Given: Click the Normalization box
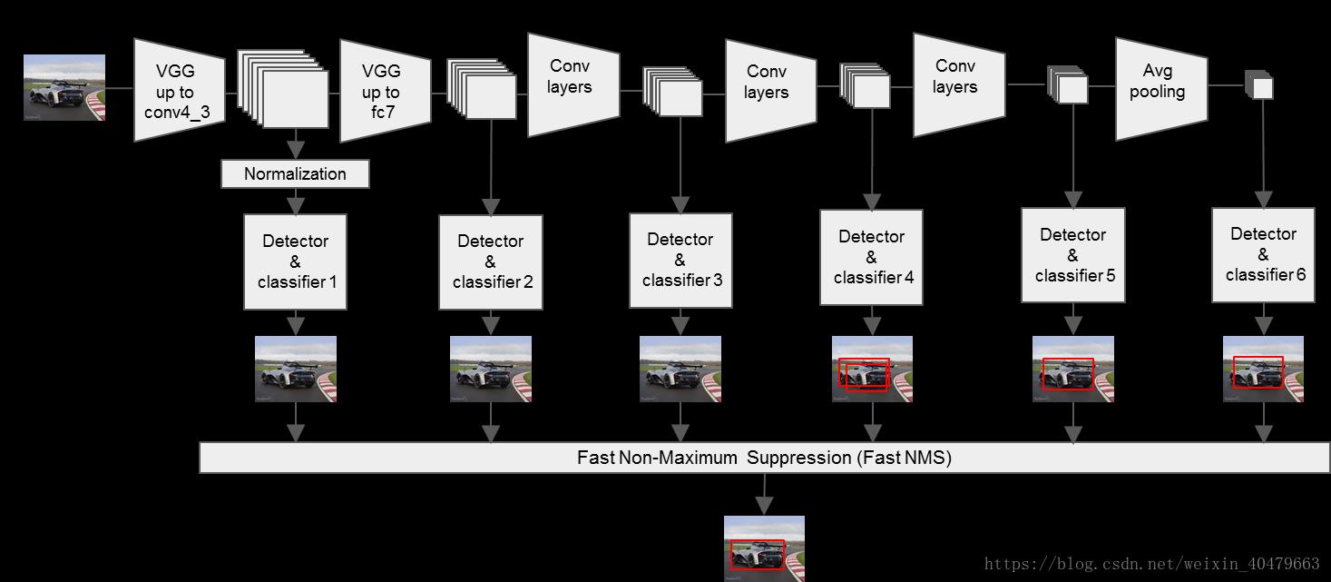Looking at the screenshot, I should pyautogui.click(x=295, y=173).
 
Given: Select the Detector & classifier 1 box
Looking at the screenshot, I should pyautogui.click(x=295, y=261).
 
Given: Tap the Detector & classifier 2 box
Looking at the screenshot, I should pyautogui.click(x=491, y=262).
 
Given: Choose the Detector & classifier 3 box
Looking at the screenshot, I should pyautogui.click(x=680, y=261).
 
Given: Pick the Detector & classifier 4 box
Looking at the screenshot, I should pyautogui.click(x=871, y=258).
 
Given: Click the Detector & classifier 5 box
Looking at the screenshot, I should pyautogui.click(x=1073, y=255).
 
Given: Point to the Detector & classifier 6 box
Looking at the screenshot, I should pyautogui.click(x=1264, y=254).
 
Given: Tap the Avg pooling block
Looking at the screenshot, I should pyautogui.click(x=1160, y=89).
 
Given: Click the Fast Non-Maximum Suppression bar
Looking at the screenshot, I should pyautogui.click(x=764, y=458).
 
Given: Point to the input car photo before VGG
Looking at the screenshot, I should pyautogui.click(x=64, y=87).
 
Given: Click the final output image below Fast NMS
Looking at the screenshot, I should pyautogui.click(x=764, y=547).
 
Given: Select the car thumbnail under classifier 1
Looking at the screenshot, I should pyautogui.click(x=296, y=369).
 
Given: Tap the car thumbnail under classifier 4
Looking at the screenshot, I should pyautogui.click(x=872, y=369).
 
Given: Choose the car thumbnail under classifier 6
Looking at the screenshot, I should pyautogui.click(x=1263, y=369).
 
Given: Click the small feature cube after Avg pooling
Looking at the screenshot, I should pyautogui.click(x=1259, y=85).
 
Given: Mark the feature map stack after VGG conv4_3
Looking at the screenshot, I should pyautogui.click(x=284, y=88).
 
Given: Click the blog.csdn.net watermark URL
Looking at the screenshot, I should pyautogui.click(x=1152, y=564).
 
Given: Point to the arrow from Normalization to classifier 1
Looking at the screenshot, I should pyautogui.click(x=295, y=201).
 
